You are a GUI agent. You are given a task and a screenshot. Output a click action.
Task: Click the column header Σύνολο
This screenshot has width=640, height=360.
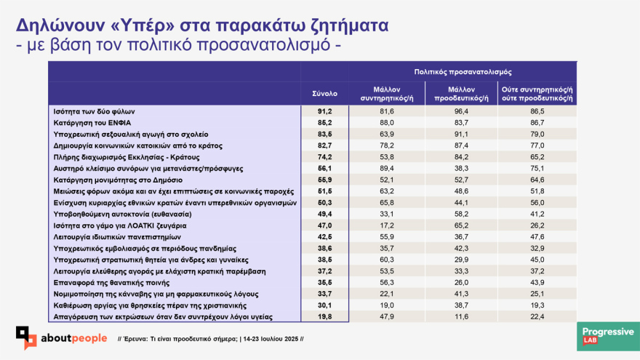[324, 93]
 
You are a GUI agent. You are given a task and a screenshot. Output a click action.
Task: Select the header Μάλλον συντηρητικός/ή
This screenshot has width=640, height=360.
[386, 93]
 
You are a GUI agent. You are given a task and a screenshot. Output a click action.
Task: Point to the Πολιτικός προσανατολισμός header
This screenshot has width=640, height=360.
[463, 72]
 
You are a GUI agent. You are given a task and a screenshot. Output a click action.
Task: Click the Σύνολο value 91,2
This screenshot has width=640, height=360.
[324, 111]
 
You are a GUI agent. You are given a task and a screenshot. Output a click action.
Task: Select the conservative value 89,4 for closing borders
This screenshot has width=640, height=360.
[386, 168]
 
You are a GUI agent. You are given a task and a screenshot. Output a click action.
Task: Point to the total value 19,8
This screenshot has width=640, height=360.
[324, 316]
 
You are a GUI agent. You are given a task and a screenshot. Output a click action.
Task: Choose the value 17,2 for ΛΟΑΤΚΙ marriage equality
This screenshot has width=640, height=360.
[386, 225]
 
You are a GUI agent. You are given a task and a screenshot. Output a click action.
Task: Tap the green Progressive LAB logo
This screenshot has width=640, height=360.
[608, 335]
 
